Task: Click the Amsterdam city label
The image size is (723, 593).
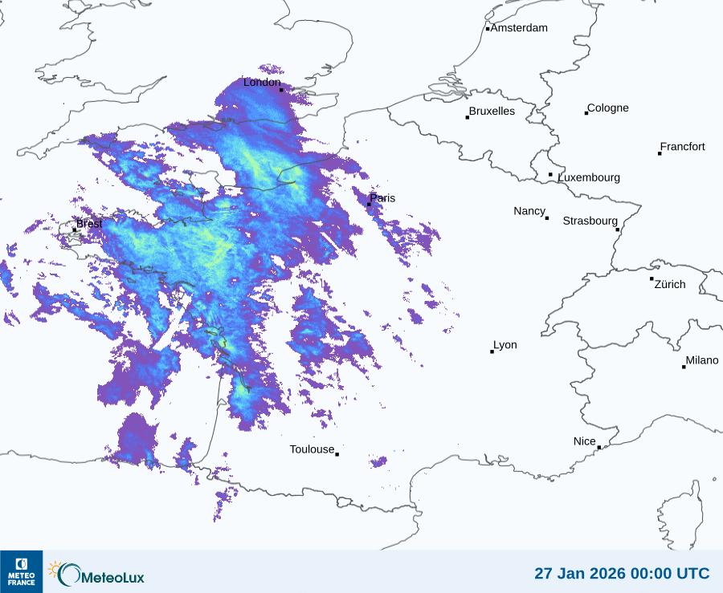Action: click(519, 28)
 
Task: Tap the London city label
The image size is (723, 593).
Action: click(262, 82)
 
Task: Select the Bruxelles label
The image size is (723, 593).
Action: click(492, 112)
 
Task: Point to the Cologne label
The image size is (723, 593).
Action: click(608, 108)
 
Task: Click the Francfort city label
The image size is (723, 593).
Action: click(682, 147)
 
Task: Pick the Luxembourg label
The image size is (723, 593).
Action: click(589, 177)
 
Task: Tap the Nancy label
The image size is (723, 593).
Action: click(529, 211)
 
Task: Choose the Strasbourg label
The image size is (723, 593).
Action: click(590, 221)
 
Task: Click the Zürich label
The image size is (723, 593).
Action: click(670, 284)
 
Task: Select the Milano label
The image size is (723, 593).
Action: click(702, 360)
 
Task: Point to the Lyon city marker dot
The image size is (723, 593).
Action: click(492, 351)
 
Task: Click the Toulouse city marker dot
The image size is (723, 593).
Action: click(337, 454)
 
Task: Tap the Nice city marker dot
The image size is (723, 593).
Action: click(599, 447)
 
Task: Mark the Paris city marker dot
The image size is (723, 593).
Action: click(369, 204)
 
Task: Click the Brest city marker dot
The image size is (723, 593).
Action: click(76, 229)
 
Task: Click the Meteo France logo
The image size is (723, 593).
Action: click(21, 571)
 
